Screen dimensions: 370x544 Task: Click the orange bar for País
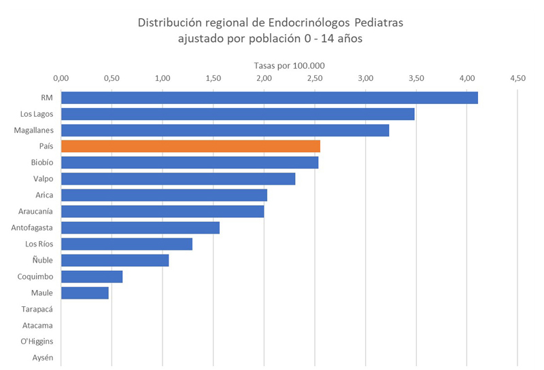click(190, 146)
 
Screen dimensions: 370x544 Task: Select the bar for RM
click(269, 97)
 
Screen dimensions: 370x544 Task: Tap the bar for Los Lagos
click(238, 113)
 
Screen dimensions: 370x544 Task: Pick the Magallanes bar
click(225, 130)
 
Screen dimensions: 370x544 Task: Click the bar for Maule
click(85, 293)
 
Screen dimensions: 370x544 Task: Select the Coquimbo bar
click(92, 276)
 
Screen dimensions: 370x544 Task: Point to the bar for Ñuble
click(115, 260)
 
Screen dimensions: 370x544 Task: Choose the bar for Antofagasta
click(140, 227)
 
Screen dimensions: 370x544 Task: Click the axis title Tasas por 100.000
click(289, 65)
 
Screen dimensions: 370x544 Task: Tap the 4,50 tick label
click(517, 78)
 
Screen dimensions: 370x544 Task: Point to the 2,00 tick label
click(264, 78)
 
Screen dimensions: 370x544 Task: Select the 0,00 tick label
click(61, 78)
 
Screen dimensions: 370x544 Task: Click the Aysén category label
click(42, 358)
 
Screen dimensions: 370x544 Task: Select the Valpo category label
click(42, 179)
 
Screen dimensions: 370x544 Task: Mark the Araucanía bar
click(163, 211)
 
